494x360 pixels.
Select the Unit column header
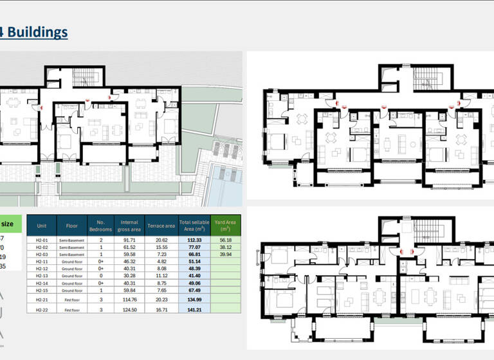point(42,226)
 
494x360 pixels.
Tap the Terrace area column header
point(161,226)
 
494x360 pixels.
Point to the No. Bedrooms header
point(100,226)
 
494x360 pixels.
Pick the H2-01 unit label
point(42,240)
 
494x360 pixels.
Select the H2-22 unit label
point(42,309)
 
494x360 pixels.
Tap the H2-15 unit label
point(42,290)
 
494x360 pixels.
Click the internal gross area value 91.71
point(130,240)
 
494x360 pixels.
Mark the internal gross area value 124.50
point(130,309)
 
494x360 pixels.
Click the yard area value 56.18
point(225,240)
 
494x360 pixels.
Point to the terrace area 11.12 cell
point(161,276)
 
